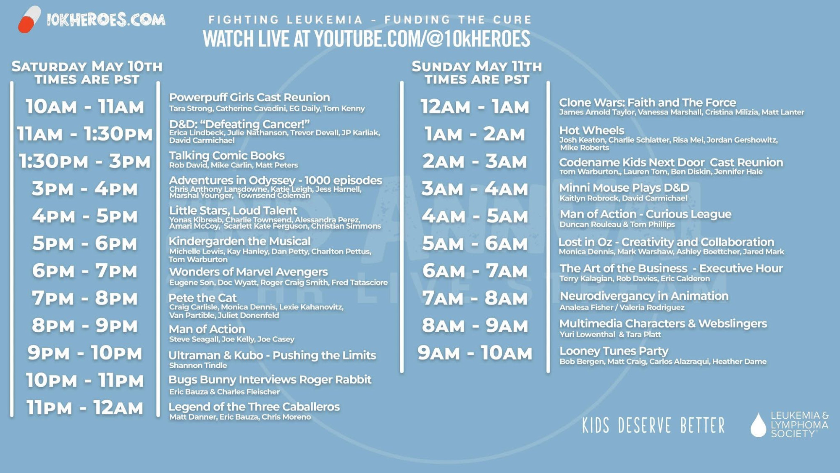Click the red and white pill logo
(29, 19)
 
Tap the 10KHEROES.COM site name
(106, 20)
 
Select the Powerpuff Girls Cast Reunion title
(249, 97)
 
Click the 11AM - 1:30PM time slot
(85, 134)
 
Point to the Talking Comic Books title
(227, 156)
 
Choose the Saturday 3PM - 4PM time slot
(85, 189)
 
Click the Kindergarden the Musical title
(240, 241)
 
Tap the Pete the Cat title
(203, 298)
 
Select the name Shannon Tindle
(198, 366)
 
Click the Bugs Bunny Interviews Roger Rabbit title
(270, 380)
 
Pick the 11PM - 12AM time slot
(85, 408)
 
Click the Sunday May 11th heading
(477, 66)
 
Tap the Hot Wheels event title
(592, 130)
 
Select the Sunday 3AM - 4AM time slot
(475, 189)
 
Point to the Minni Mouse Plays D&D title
(624, 188)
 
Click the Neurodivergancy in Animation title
(644, 296)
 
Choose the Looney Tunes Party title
(614, 351)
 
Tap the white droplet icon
(759, 425)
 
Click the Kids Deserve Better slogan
(654, 425)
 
